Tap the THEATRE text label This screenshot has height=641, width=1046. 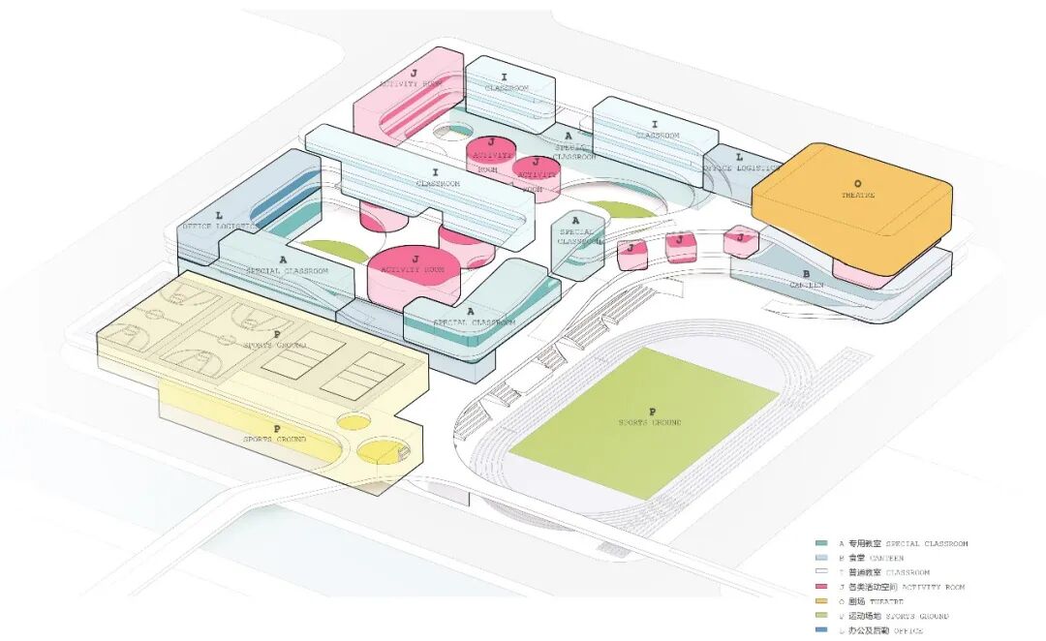point(857,195)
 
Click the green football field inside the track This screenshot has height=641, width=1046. point(644,421)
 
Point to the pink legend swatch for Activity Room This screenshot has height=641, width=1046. point(821,587)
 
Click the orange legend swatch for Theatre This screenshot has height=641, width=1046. point(821,601)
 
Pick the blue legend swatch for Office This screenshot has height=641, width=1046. point(821,630)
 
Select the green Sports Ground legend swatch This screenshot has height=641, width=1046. point(821,616)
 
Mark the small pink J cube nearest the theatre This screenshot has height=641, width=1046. point(741,239)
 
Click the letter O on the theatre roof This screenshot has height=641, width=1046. point(856,183)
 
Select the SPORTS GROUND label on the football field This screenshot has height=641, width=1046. point(650,423)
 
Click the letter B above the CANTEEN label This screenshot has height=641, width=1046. point(806,274)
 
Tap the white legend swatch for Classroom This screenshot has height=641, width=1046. point(821,572)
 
